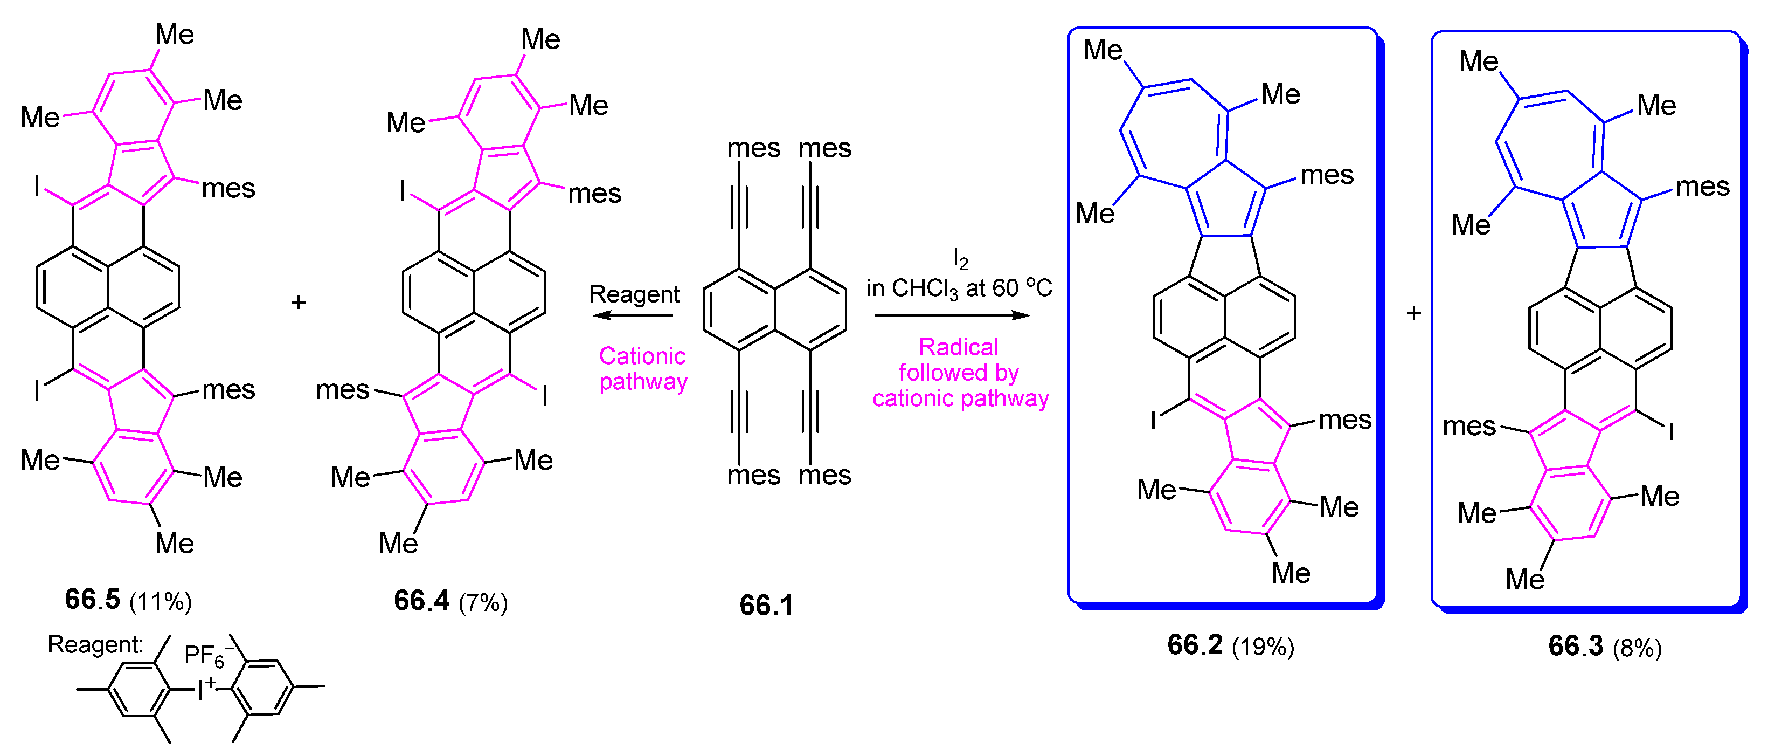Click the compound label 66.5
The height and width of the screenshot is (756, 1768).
coord(92,600)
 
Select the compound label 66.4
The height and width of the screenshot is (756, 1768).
coord(421,601)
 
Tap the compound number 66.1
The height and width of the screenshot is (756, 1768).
coord(766,606)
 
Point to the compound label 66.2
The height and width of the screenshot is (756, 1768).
coord(1195,645)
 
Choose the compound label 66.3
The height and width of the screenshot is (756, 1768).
coord(1576,646)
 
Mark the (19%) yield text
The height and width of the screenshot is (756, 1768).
coord(1263,647)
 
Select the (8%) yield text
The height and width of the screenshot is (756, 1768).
coord(1637,648)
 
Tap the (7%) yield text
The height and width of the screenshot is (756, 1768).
coord(483,603)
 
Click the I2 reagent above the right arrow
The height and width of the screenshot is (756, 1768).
coord(960,259)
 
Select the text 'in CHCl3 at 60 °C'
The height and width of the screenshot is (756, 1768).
coord(959,288)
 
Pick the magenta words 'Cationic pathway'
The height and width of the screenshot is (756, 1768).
coord(642,368)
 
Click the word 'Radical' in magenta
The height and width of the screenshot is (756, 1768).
coord(958,347)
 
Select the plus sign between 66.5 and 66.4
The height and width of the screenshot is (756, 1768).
coord(298,302)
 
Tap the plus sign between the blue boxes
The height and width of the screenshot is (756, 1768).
coord(1414,313)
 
